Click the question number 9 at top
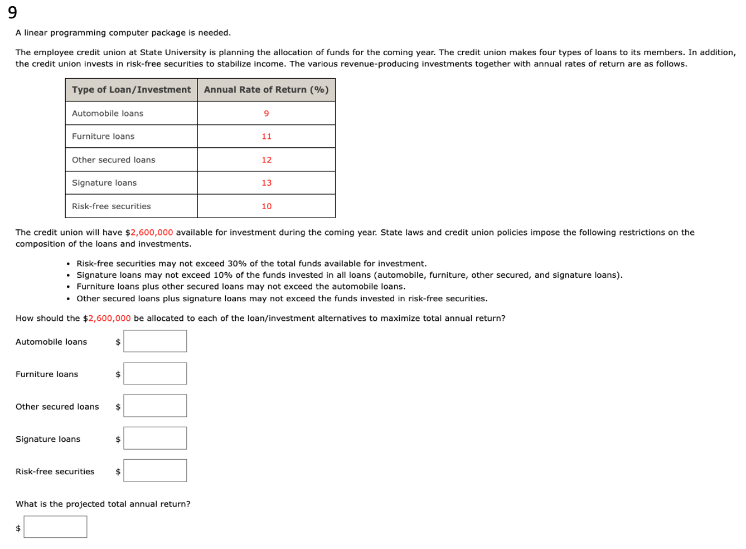click(12, 12)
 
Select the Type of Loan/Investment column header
click(131, 90)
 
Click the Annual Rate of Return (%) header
click(266, 90)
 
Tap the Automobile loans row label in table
click(108, 113)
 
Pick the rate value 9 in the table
click(267, 113)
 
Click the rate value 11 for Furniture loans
click(267, 136)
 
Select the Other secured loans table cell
click(114, 160)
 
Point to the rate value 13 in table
click(267, 182)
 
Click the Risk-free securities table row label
click(112, 206)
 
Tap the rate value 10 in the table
click(267, 206)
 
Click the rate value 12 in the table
click(267, 160)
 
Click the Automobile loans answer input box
click(155, 341)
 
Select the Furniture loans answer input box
click(155, 373)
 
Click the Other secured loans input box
click(155, 406)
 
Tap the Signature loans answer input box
click(155, 438)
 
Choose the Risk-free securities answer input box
click(155, 470)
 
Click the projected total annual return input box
click(55, 527)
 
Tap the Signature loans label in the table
click(104, 182)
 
